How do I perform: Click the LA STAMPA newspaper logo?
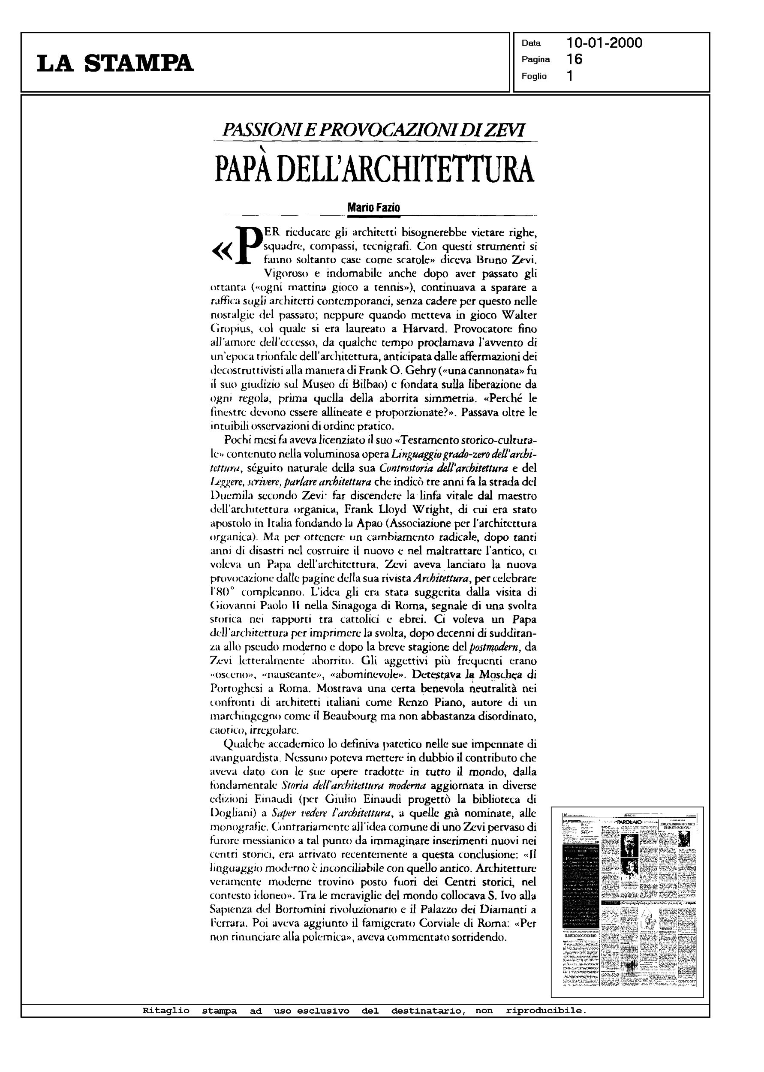(115, 63)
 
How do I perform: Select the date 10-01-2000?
(605, 43)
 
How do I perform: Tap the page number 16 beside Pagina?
(575, 59)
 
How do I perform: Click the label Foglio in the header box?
(534, 76)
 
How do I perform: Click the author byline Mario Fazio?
(373, 207)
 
